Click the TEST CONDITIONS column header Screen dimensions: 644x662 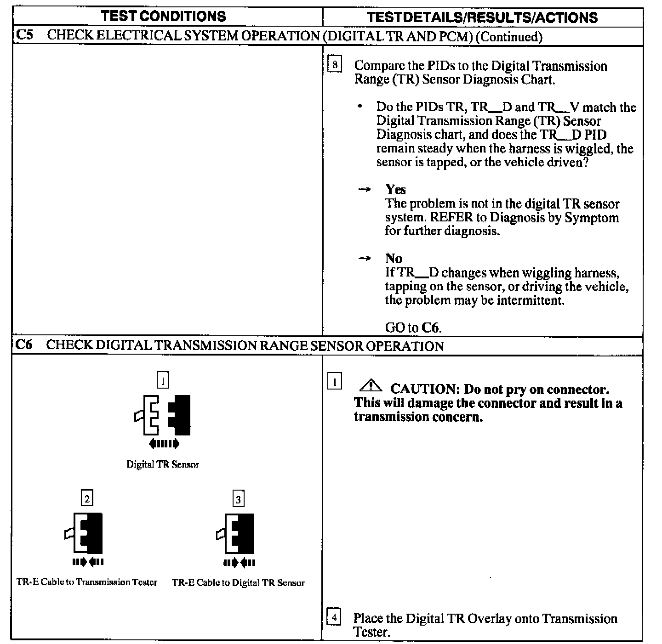click(163, 17)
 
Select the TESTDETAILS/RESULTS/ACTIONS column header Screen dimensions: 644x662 click(483, 17)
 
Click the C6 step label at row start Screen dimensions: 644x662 click(24, 345)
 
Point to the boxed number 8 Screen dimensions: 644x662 click(335, 65)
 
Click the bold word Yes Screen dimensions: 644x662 click(395, 189)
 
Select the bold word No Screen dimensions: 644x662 click(394, 258)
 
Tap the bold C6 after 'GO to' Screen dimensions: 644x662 click(430, 328)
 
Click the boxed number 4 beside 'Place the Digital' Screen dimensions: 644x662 click(334, 617)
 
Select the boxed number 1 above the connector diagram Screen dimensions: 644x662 click(163, 380)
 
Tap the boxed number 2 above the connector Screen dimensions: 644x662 click(87, 498)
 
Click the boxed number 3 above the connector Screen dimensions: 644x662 click(238, 499)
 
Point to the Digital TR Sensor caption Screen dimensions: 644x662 click(163, 464)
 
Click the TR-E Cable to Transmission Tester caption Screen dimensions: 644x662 click(87, 582)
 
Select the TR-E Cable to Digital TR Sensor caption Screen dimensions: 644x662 click(238, 582)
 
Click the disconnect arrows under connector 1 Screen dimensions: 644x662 click(164, 444)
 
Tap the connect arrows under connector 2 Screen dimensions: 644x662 click(88, 561)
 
